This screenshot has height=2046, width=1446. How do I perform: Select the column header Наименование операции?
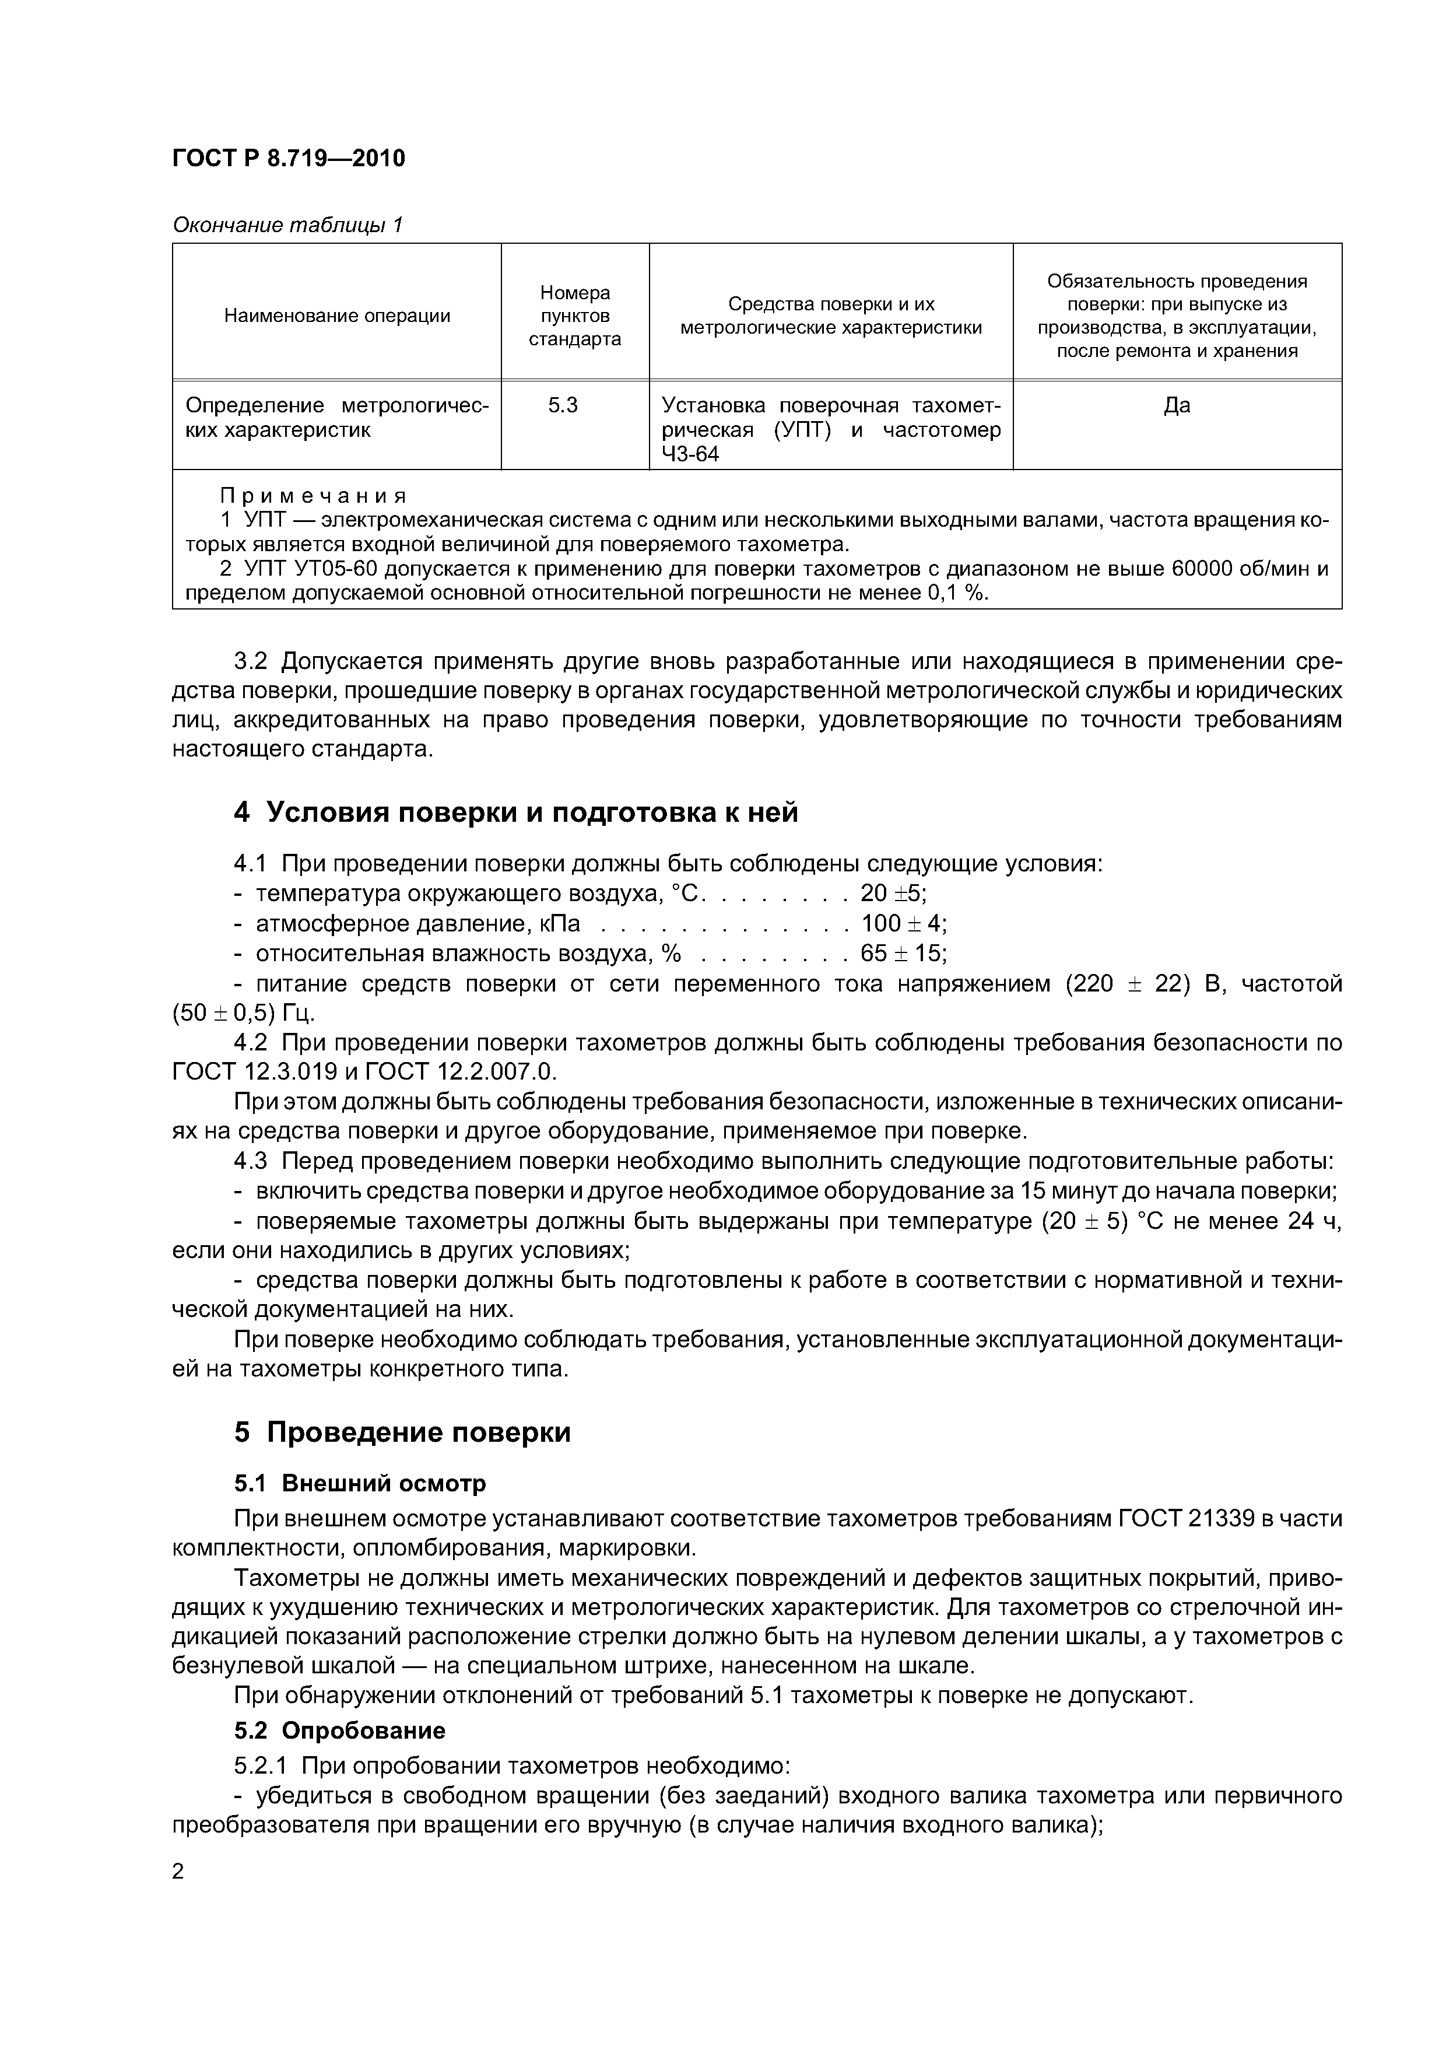[x=337, y=316]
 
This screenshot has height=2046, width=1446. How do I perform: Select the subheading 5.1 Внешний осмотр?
[x=360, y=1483]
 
